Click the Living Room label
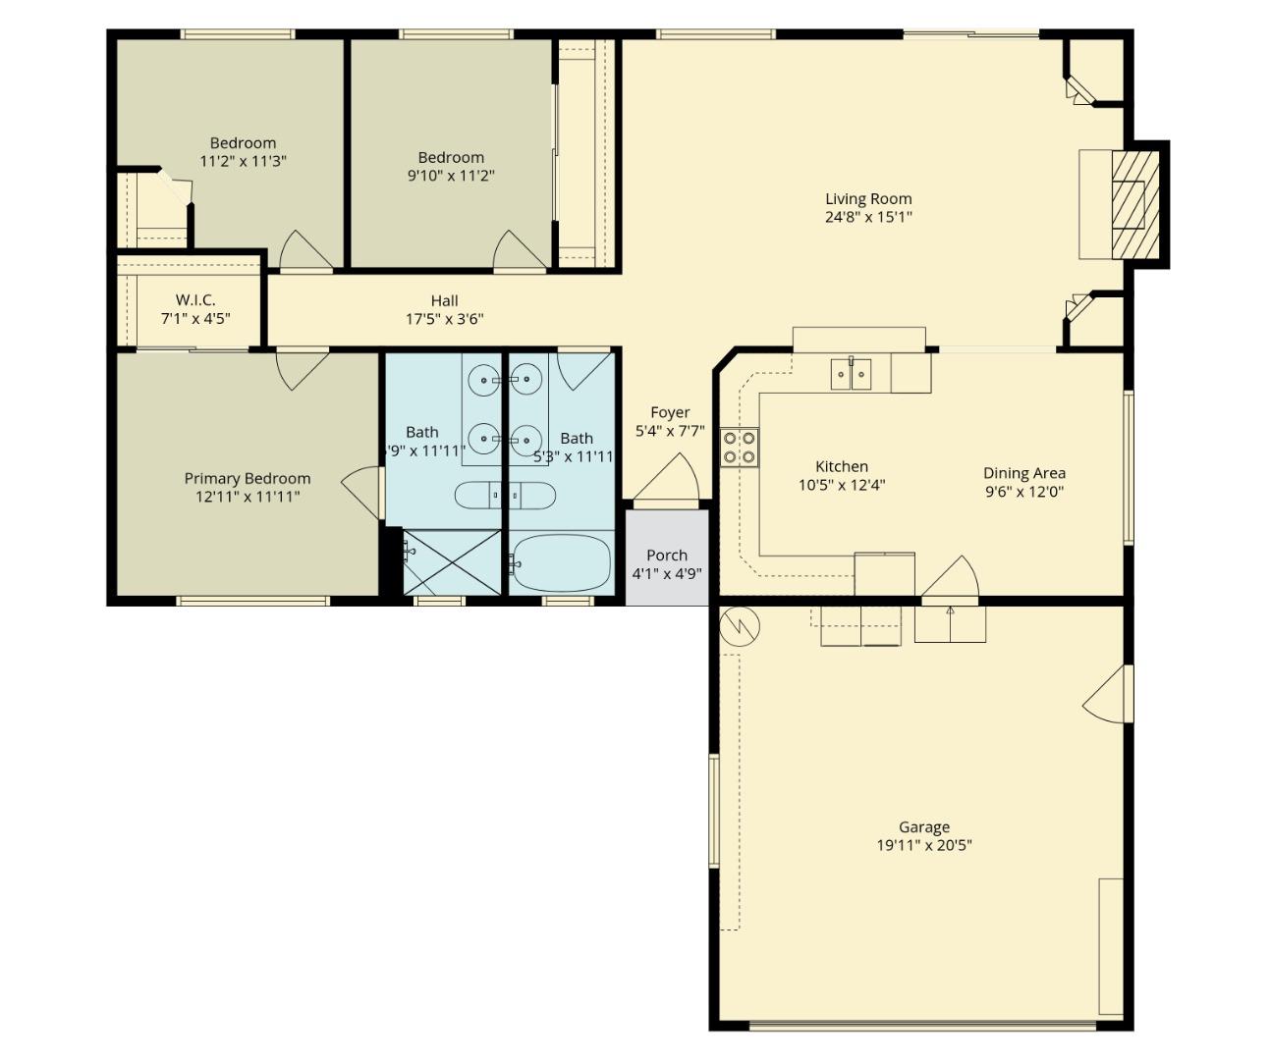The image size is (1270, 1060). click(x=867, y=199)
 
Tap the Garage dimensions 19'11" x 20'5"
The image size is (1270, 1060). click(x=923, y=845)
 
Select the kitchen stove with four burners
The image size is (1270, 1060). click(x=739, y=447)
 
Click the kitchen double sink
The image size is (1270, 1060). click(x=851, y=374)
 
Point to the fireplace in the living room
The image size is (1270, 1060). click(x=1129, y=204)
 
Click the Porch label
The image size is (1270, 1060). click(x=666, y=556)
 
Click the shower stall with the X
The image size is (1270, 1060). click(x=452, y=562)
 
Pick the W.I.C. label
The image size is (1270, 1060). click(x=195, y=300)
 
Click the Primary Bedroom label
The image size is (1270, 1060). click(x=248, y=479)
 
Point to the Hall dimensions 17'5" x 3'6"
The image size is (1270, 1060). click(x=444, y=319)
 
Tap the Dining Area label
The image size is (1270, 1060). click(x=1023, y=473)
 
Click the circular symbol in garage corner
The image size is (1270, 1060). click(x=740, y=626)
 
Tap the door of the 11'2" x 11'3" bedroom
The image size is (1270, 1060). click(x=306, y=251)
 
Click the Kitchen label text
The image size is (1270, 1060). click(x=842, y=467)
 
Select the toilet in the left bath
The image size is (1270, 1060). click(x=479, y=496)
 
